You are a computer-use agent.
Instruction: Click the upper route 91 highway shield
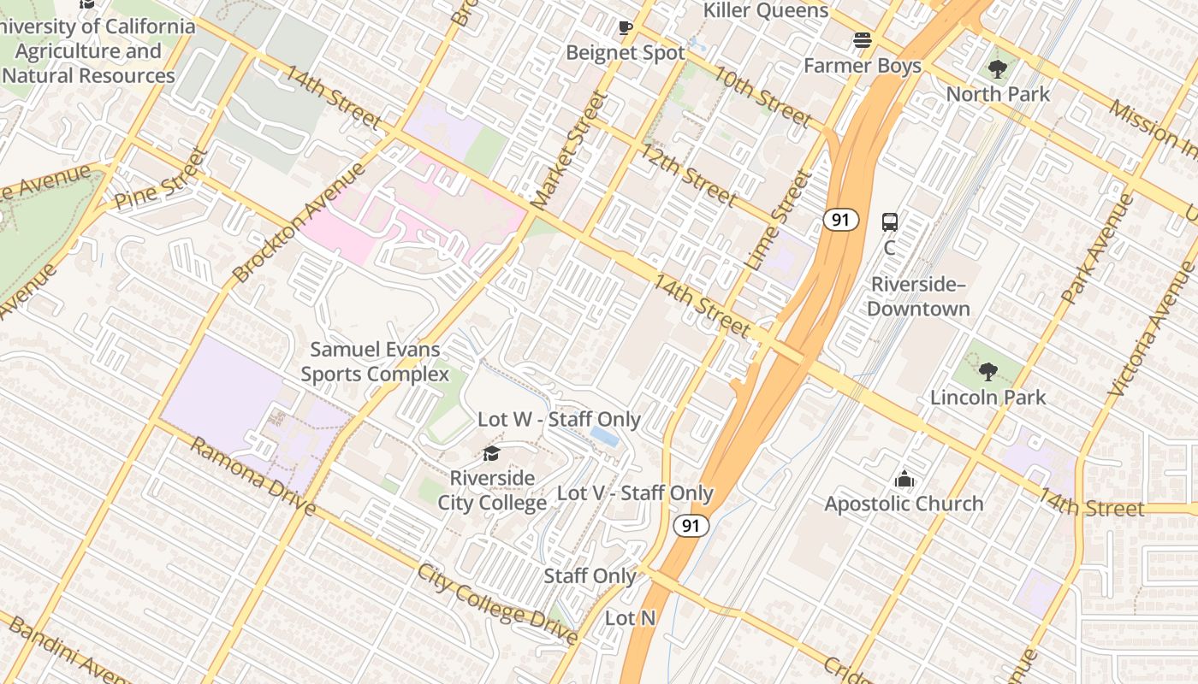pyautogui.click(x=841, y=220)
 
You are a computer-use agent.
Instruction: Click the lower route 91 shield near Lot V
pyautogui.click(x=691, y=525)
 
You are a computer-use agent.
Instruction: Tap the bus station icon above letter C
pyautogui.click(x=890, y=222)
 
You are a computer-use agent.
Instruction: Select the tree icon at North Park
pyautogui.click(x=997, y=69)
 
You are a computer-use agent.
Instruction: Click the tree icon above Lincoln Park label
pyautogui.click(x=988, y=372)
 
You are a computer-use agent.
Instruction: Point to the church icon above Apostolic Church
pyautogui.click(x=904, y=480)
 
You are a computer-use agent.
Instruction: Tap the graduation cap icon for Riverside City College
pyautogui.click(x=491, y=453)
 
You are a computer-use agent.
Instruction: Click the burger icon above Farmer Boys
pyautogui.click(x=862, y=40)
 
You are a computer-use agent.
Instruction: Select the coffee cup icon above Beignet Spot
pyautogui.click(x=626, y=28)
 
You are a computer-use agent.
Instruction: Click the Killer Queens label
pyautogui.click(x=766, y=10)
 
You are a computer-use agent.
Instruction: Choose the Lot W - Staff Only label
pyautogui.click(x=559, y=419)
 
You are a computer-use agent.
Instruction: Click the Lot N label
pyautogui.click(x=630, y=617)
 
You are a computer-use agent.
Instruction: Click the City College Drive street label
pyautogui.click(x=497, y=603)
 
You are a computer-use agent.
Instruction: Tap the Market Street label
pyautogui.click(x=567, y=150)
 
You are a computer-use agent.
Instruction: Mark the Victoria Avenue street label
pyautogui.click(x=1153, y=329)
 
